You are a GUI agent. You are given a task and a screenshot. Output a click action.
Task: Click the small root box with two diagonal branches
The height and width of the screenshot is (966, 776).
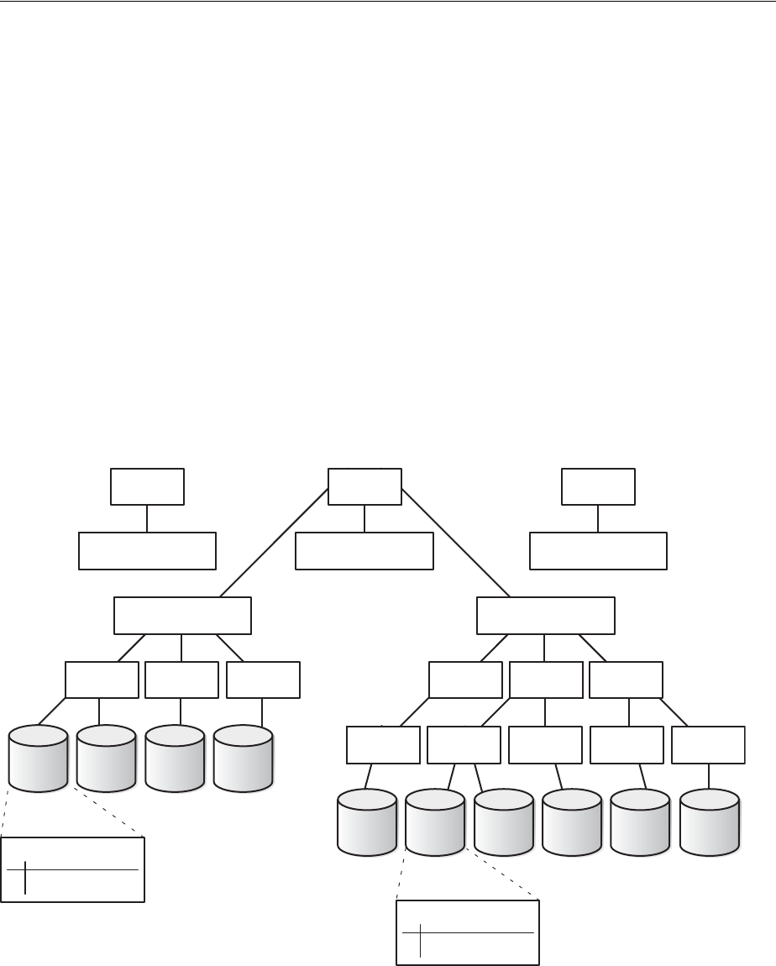coord(364,486)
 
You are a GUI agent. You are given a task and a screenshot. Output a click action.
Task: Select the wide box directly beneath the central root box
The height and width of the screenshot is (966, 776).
coord(364,550)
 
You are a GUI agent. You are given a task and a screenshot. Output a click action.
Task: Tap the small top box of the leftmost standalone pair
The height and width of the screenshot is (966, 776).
coord(147,486)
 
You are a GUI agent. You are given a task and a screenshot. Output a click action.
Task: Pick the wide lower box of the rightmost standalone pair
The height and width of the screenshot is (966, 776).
coord(598,550)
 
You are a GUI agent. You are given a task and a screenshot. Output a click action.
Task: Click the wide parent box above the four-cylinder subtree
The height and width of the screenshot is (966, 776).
coord(182,616)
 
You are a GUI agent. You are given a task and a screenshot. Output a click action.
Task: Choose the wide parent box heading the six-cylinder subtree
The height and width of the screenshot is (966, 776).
coord(545,616)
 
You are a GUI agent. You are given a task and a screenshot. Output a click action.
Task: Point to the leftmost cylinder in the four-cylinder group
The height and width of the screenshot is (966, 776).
coord(38,759)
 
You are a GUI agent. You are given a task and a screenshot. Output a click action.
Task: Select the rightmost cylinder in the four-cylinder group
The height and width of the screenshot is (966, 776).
coord(243,759)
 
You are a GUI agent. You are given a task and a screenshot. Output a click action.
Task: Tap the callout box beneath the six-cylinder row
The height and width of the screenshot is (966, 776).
coord(467,932)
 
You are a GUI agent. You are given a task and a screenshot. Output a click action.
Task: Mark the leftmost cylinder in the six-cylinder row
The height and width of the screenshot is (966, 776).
coord(366,822)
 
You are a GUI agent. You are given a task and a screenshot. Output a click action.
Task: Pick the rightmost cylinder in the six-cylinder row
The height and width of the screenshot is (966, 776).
coord(710,822)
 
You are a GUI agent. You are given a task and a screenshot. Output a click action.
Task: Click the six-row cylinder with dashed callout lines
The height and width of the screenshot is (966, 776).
coord(435,822)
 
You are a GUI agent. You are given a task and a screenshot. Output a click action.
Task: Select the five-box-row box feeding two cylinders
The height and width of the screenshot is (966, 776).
coord(464,745)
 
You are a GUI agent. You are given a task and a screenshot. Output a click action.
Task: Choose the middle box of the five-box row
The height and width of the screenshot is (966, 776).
coord(545,745)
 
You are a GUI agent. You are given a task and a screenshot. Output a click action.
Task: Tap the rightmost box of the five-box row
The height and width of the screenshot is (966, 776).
coord(708,745)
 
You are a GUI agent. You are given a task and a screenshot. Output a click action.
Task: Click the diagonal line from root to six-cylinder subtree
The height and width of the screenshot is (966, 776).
coord(458,541)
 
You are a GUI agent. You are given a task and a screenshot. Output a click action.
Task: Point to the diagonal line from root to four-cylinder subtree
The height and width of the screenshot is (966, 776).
coord(273,541)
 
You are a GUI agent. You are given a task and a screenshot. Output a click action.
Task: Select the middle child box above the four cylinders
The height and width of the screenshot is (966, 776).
coord(181,680)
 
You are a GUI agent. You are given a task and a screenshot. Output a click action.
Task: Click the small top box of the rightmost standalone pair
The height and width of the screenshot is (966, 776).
coord(598,486)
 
